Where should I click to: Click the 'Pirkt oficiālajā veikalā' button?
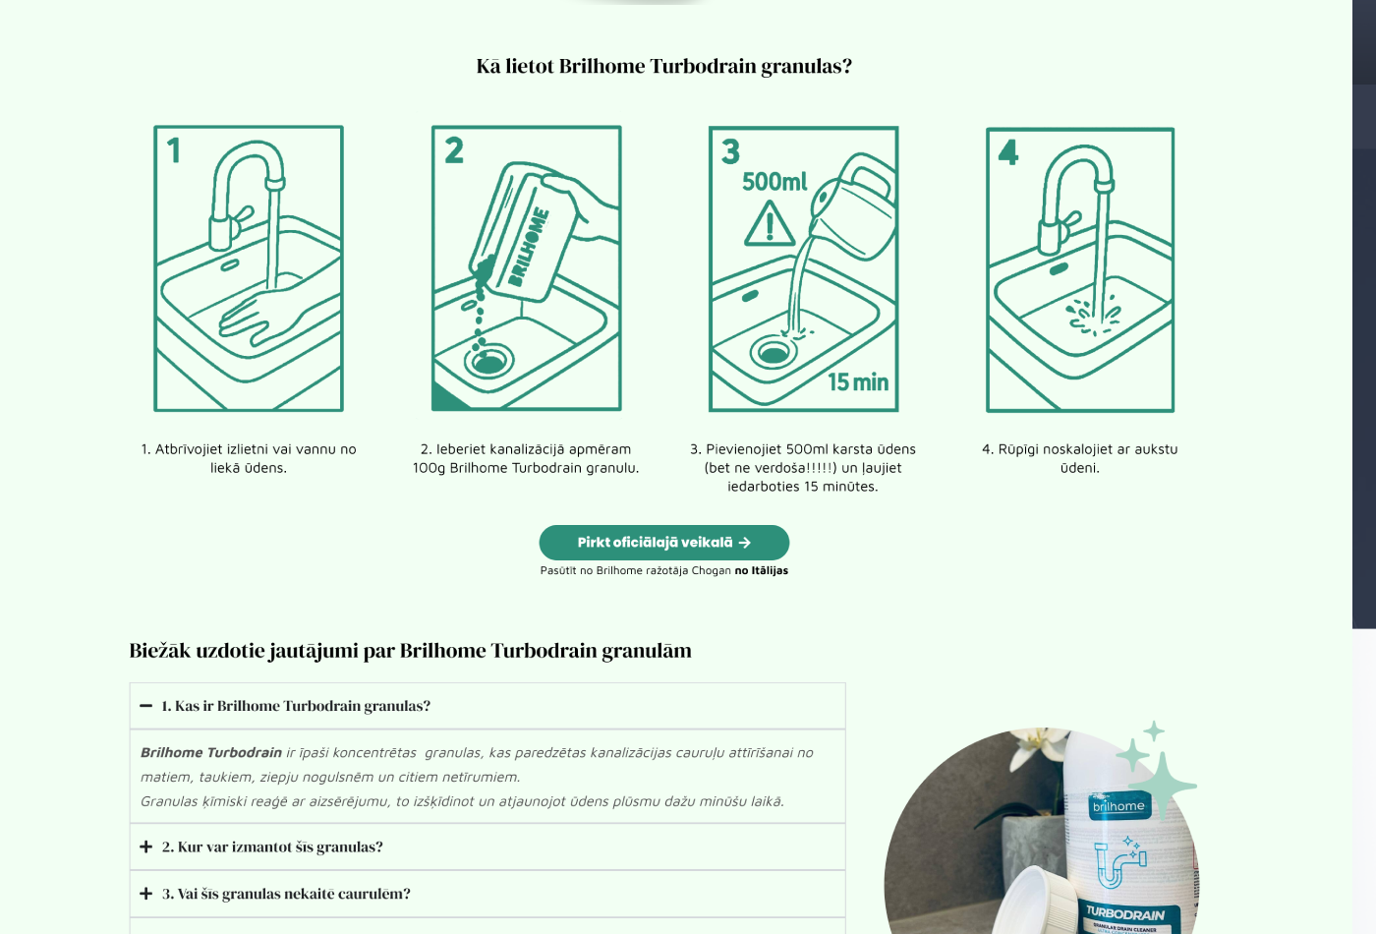point(664,542)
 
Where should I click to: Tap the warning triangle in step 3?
point(769,224)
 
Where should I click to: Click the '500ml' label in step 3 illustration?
point(774,181)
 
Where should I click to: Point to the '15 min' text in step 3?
point(857,382)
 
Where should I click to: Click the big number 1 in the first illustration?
point(174,150)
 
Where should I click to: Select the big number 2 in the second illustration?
point(454,150)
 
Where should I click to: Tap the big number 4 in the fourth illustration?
point(1008,152)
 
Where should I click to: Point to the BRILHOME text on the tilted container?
point(529,247)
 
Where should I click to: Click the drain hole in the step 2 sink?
point(489,361)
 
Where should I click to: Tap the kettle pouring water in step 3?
point(854,205)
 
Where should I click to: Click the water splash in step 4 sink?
point(1092,316)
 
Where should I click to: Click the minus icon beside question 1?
point(145,706)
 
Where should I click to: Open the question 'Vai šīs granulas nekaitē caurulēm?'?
point(286,894)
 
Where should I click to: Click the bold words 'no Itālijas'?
point(761,570)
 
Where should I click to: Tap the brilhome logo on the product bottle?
point(1118,805)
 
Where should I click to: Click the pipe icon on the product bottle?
point(1120,863)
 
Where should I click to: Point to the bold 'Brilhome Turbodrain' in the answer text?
point(210,752)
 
